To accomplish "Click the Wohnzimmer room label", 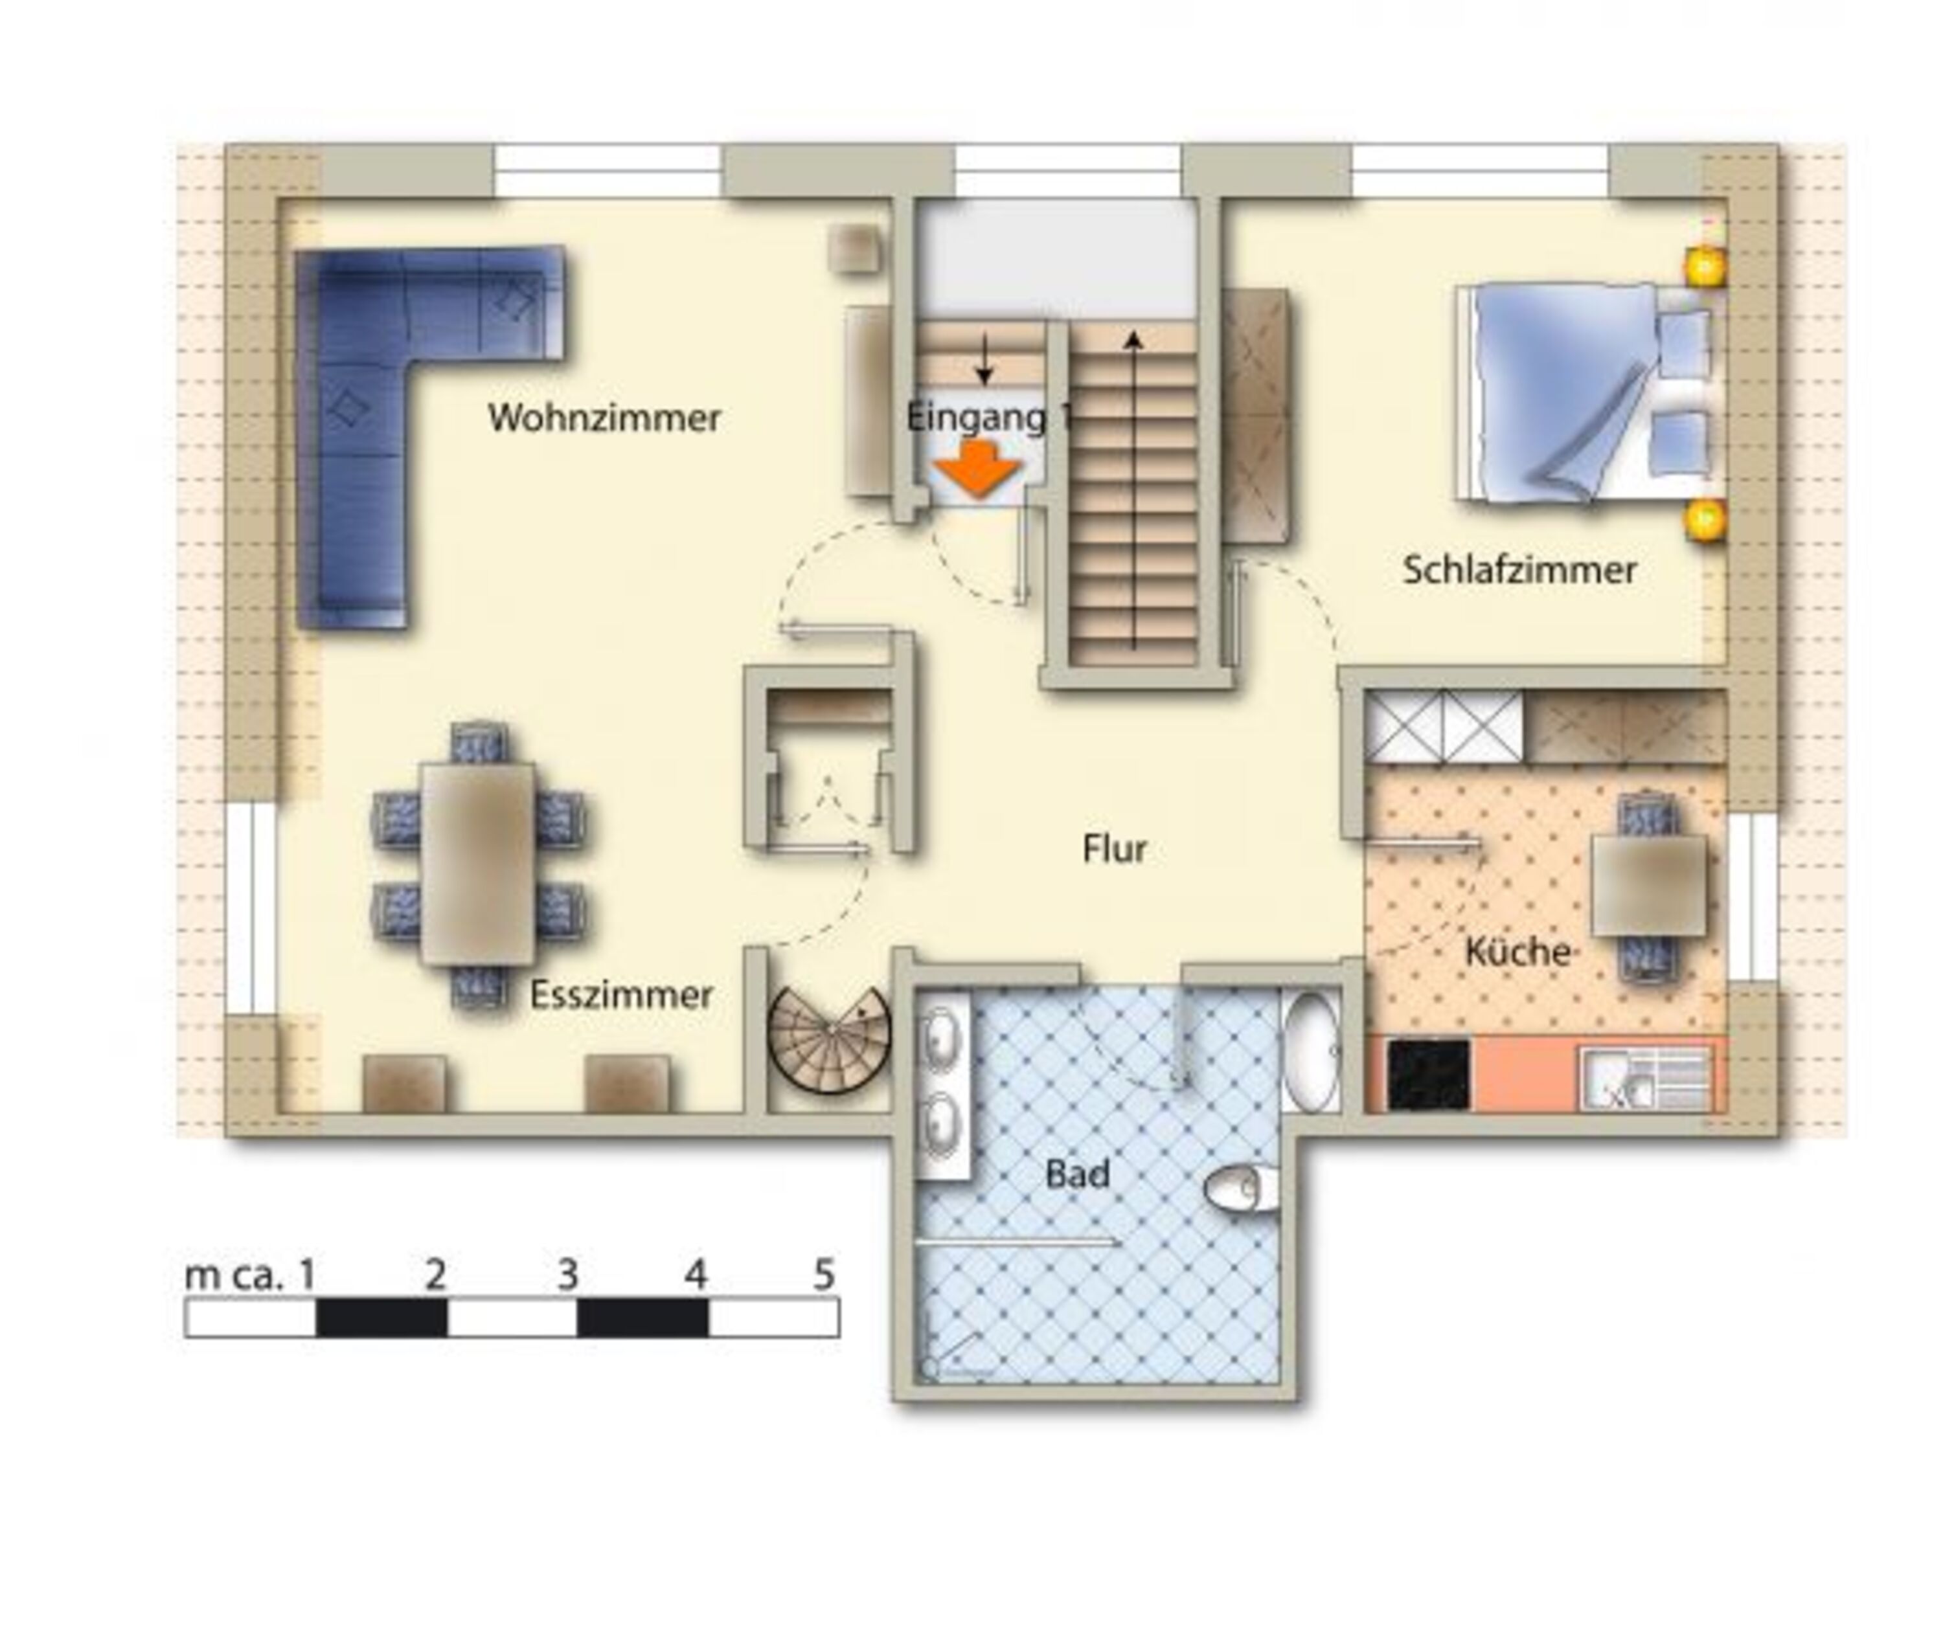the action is point(604,418).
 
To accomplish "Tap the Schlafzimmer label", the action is point(1519,570).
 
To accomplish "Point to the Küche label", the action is point(1517,951).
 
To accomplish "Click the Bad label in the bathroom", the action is point(1077,1174).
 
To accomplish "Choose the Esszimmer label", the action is point(621,995).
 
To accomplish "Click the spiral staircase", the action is point(829,1037).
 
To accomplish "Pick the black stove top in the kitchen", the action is point(1429,1075).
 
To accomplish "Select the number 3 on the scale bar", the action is point(567,1275).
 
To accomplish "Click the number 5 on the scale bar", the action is point(824,1275).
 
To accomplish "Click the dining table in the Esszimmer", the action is point(477,863).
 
